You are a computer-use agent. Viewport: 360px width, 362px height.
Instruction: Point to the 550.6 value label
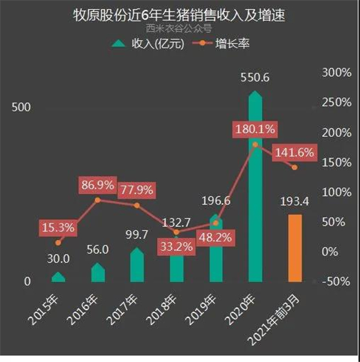(254, 78)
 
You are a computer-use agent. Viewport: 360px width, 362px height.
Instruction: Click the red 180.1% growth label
(255, 128)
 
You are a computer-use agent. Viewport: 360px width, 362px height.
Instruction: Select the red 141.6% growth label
(294, 153)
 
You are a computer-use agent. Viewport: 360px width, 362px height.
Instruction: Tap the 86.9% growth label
(97, 185)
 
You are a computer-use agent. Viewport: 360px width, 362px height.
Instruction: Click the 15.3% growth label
(58, 227)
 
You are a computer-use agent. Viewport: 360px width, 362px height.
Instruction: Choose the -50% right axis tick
(336, 282)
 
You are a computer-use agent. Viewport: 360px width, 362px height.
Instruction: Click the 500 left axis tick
(22, 107)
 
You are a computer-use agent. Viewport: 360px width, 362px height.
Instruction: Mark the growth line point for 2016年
(98, 199)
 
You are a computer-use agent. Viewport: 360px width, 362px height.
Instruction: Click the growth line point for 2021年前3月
(295, 167)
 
